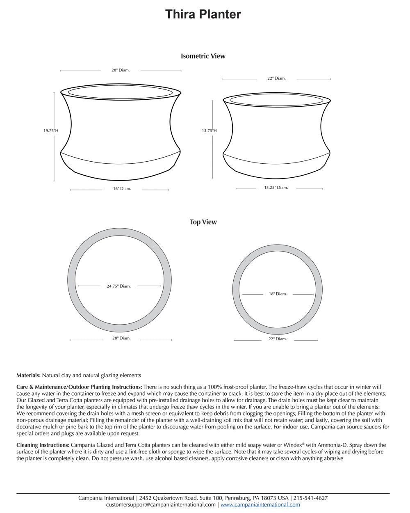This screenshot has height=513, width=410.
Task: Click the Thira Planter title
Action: click(x=203, y=14)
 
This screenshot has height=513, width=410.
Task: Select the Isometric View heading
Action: click(x=203, y=56)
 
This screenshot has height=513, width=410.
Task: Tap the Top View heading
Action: click(x=203, y=222)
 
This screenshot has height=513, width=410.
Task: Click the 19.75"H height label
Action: click(x=51, y=131)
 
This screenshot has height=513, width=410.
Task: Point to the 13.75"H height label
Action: click(x=209, y=131)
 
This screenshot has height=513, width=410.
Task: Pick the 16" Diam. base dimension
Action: click(x=122, y=189)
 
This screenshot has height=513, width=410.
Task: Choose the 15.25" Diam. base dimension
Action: click(x=276, y=188)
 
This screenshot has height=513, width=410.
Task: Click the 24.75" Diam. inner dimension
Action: click(x=119, y=286)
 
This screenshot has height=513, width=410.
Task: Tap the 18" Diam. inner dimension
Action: click(x=278, y=294)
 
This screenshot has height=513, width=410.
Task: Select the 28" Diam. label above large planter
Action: click(x=121, y=70)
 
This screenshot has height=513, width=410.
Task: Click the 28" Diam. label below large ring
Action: click(x=121, y=338)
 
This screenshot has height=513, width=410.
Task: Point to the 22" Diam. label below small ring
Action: click(x=278, y=339)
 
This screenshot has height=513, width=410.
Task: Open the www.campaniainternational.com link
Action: click(x=260, y=505)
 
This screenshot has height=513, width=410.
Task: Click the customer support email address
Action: click(x=161, y=505)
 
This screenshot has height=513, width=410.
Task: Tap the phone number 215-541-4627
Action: click(x=310, y=498)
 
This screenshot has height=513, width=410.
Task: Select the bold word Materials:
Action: click(x=28, y=375)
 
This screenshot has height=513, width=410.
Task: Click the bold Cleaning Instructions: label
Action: click(x=43, y=445)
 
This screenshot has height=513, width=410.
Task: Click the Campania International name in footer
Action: click(x=106, y=498)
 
